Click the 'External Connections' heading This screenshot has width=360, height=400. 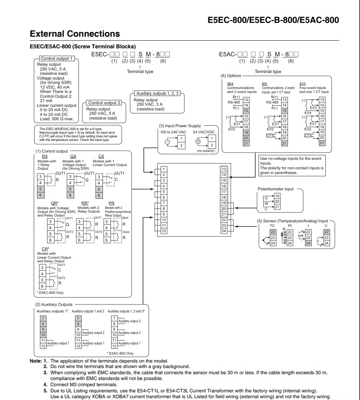click(75, 34)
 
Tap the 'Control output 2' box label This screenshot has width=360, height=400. click(104, 103)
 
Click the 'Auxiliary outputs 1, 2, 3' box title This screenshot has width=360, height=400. click(157, 93)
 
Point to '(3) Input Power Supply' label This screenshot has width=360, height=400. click(180, 126)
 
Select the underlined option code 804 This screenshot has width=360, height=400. click(230, 84)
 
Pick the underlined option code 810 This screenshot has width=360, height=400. click(303, 84)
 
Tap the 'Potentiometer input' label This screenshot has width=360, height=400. click(275, 189)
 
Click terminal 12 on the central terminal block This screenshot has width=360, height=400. click(164, 231)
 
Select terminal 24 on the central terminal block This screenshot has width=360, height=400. click(224, 231)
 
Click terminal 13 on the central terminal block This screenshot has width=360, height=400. click(224, 169)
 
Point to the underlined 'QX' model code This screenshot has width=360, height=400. click(73, 156)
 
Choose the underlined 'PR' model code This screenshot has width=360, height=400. click(112, 203)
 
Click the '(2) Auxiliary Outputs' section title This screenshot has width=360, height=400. click(54, 304)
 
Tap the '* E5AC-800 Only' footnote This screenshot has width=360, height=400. click(120, 353)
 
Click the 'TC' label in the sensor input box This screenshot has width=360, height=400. click(272, 226)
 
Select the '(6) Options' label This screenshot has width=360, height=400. click(231, 76)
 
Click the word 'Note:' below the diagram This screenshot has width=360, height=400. click(36, 361)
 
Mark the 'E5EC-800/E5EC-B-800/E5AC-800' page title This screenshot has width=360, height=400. click(273, 20)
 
